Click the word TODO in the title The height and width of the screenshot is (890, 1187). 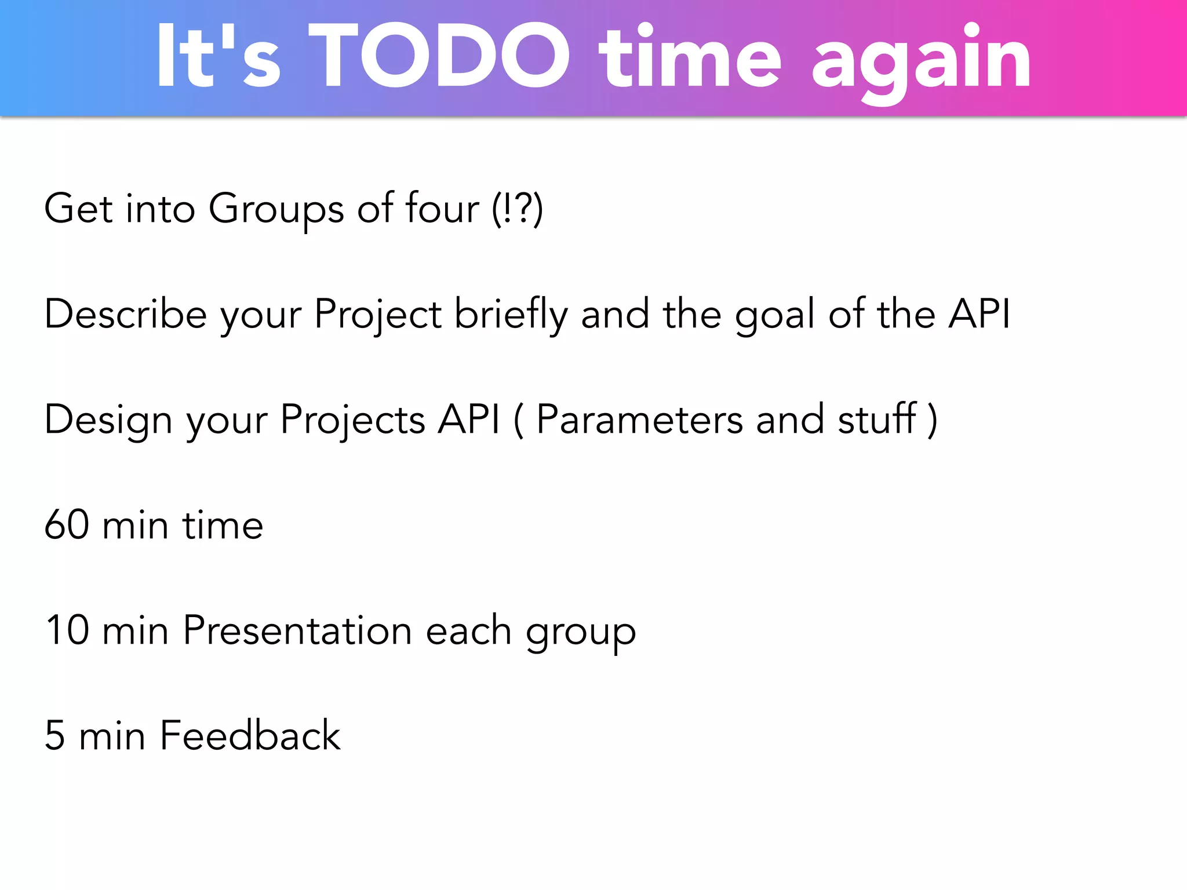(439, 56)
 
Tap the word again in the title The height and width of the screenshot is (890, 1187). (921, 61)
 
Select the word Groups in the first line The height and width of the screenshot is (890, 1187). (276, 210)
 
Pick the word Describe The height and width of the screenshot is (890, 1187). (125, 314)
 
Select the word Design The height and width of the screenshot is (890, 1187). (108, 420)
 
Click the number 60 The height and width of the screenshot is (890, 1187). (67, 525)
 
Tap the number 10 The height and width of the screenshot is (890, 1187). (67, 630)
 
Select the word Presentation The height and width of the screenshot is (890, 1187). (297, 630)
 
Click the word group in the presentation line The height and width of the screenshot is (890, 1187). (581, 633)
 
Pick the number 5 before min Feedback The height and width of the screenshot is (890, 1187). (54, 735)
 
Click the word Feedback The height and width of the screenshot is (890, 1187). (250, 735)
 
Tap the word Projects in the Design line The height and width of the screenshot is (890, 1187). (352, 420)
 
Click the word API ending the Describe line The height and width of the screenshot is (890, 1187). (979, 314)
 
